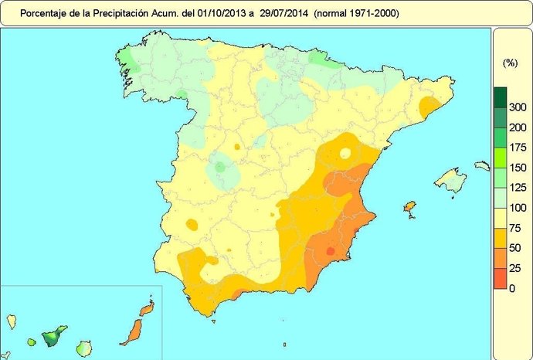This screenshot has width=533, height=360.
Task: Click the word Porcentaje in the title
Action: tap(42, 13)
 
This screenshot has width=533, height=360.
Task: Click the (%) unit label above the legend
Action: tap(510, 63)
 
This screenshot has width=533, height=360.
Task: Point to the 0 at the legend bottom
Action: tap(512, 288)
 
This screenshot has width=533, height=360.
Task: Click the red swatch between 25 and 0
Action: tap(500, 278)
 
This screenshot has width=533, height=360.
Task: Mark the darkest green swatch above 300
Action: tap(500, 97)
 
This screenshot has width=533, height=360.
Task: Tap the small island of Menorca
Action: tap(482, 165)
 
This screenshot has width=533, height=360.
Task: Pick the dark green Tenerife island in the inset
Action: tap(53, 337)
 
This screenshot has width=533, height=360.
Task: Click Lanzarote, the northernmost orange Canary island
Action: tap(144, 308)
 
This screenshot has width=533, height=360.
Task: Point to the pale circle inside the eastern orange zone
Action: tap(345, 153)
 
